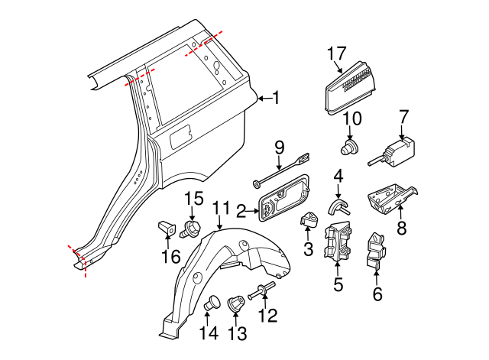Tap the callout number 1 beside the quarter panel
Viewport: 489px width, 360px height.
pyautogui.click(x=276, y=98)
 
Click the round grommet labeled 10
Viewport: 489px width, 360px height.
pyautogui.click(x=351, y=147)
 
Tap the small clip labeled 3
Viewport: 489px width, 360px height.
pyautogui.click(x=309, y=220)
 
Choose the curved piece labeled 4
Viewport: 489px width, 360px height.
pyautogui.click(x=338, y=206)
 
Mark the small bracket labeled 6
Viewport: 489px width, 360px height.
pyautogui.click(x=375, y=251)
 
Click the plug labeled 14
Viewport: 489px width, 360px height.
pyautogui.click(x=214, y=303)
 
